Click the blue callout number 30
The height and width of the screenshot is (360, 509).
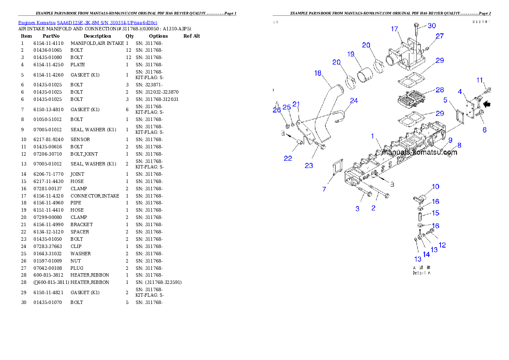pos(432,26)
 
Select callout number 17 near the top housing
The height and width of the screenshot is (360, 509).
pos(394,29)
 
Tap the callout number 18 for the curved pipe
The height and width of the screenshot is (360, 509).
pos(317,73)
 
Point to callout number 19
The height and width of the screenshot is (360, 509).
pos(351,54)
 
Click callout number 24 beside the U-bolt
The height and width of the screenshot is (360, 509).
pos(354,101)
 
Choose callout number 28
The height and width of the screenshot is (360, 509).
pos(440,90)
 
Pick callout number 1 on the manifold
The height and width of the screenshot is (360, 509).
pos(373,136)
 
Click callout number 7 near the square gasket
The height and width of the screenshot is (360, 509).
pos(324,189)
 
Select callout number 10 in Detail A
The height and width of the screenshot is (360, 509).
pos(435,186)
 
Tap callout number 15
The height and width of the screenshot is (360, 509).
pos(435,213)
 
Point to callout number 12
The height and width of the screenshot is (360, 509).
pos(442,245)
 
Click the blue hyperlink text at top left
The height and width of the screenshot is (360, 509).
pos(88,22)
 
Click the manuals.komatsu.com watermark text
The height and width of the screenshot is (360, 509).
pos(420,152)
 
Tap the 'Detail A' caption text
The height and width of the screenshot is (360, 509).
pos(421,273)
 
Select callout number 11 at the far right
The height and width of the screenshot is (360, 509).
pos(480,80)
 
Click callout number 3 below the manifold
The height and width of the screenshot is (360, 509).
pos(358,208)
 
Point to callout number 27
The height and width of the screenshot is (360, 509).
pos(440,36)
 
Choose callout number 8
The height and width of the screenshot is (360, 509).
pos(459,145)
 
